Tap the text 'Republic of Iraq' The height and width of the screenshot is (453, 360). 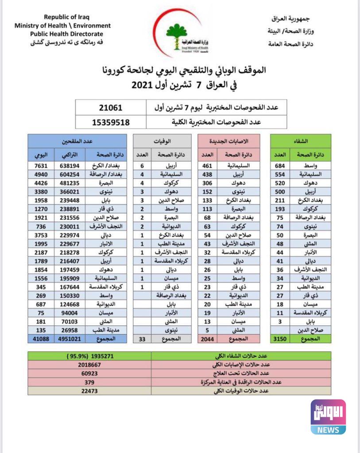coord(66,17)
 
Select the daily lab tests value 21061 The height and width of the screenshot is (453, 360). coord(111,107)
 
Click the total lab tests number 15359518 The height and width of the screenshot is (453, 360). coord(111,122)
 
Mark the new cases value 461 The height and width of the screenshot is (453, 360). coord(206,165)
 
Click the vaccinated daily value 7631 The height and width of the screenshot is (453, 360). coord(41,165)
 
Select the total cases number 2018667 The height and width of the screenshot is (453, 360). coord(89,365)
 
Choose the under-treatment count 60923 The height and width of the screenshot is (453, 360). coord(89,373)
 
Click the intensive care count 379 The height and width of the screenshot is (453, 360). coord(89,382)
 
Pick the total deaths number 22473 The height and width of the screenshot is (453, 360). coord(89,391)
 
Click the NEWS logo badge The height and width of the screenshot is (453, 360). coord(328,417)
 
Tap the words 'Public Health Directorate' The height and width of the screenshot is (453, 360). coord(66,34)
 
